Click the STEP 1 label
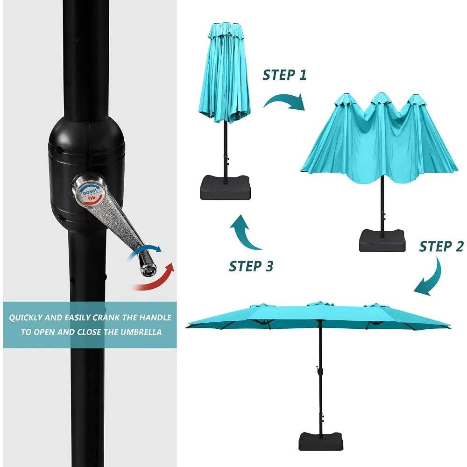pyautogui.click(x=284, y=75)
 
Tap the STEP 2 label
pyautogui.click(x=441, y=246)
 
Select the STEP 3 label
pyautogui.click(x=251, y=266)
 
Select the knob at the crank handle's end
pyautogui.click(x=147, y=267)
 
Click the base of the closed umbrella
pyautogui.click(x=226, y=188)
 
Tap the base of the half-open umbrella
pyautogui.click(x=382, y=241)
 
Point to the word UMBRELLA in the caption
pyautogui.click(x=141, y=332)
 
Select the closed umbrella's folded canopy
pyautogui.click(x=224, y=73)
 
